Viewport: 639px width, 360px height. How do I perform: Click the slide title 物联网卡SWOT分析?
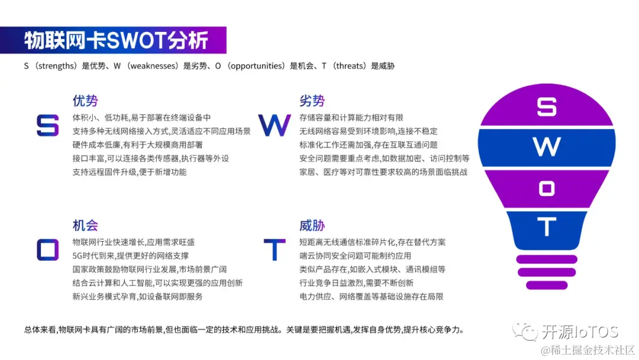coord(116,41)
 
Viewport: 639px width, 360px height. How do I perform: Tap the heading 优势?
coord(85,101)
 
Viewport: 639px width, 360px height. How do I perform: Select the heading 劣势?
coord(312,101)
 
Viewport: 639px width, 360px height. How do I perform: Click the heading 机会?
coord(85,226)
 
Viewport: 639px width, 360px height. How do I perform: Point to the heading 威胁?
coord(312,226)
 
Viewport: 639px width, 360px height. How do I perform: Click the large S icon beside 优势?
coord(48,126)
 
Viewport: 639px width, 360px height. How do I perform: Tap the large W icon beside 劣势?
coord(275,126)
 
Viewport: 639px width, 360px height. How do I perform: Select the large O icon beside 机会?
coord(47,250)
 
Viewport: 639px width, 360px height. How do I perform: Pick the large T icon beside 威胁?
coord(275,250)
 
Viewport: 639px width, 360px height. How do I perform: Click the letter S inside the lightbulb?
coord(547,107)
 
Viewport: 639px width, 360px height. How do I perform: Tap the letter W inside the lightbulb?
coord(547,147)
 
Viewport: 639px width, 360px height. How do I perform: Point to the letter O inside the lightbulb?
coord(547,189)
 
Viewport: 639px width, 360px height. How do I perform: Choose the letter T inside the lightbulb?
coord(547,227)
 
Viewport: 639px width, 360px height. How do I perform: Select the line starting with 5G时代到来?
coord(131,256)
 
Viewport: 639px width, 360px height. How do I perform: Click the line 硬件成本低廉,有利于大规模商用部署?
coord(138,144)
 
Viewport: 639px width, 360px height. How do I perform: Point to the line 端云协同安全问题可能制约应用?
coord(355,256)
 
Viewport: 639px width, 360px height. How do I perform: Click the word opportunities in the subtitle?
coord(257,66)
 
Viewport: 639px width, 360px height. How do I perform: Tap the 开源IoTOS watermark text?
coord(580,332)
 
